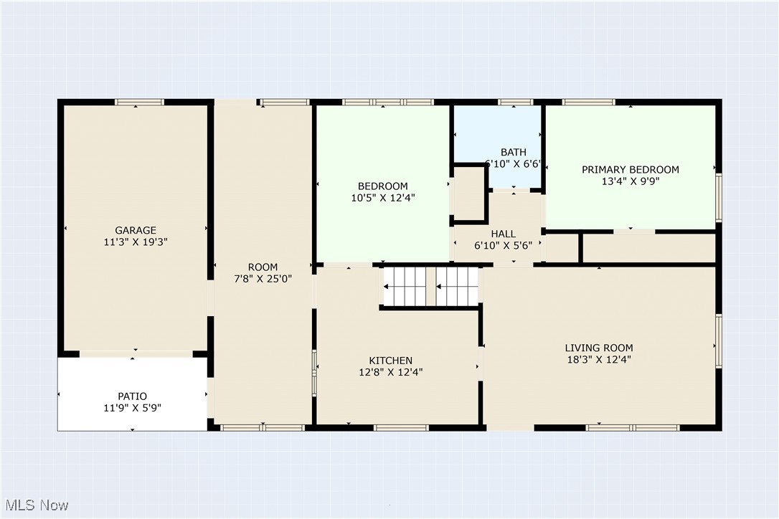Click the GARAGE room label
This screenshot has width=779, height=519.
(136, 230)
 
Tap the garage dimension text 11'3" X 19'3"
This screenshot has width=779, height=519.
(136, 242)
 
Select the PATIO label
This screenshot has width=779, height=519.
(132, 396)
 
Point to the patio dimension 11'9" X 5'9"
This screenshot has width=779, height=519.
(132, 409)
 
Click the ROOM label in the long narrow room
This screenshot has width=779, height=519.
(263, 267)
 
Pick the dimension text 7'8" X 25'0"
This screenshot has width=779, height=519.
(263, 279)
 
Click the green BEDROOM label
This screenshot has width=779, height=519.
(383, 186)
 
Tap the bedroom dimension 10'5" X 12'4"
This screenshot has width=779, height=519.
(383, 198)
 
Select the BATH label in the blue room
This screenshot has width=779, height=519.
(514, 152)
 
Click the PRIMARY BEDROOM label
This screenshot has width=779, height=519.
(631, 170)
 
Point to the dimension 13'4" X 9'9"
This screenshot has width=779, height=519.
(631, 182)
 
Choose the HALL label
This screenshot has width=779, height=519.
(504, 234)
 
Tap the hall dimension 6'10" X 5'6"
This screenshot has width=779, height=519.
(504, 246)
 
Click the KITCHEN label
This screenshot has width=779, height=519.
(390, 361)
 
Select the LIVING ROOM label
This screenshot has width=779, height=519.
(599, 348)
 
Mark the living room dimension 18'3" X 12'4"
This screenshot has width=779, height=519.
(599, 360)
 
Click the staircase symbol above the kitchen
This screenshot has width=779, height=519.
(430, 287)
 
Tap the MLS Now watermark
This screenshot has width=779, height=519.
(37, 505)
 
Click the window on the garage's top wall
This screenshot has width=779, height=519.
(139, 103)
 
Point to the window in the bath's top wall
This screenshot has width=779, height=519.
(515, 103)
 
